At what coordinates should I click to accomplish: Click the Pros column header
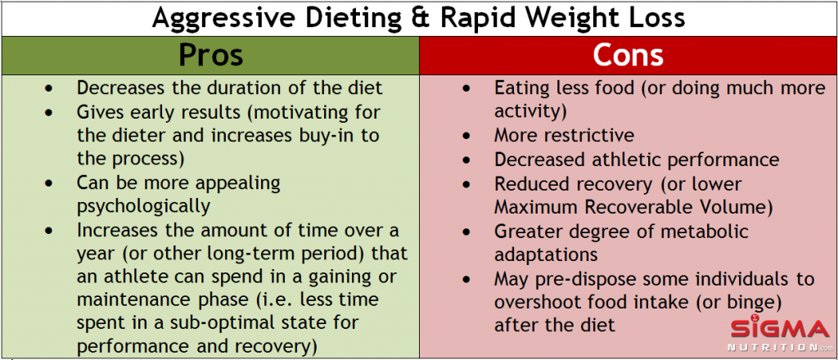pos(210,55)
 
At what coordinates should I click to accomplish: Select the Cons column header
pos(628,55)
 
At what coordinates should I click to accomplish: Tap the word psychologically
pos(143,205)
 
